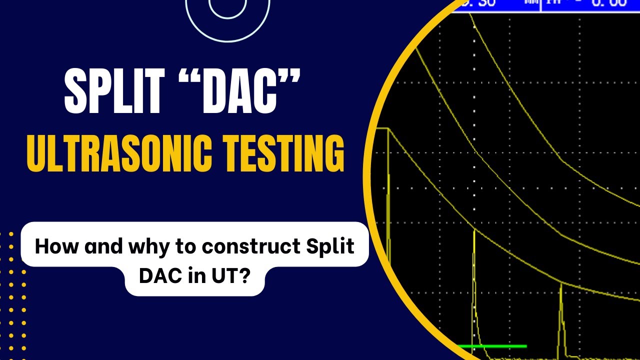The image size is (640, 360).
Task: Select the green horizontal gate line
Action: pyautogui.click(x=492, y=346)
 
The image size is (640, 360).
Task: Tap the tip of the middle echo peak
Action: pyautogui.click(x=473, y=230)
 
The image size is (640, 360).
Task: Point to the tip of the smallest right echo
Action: pyautogui.click(x=561, y=283)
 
